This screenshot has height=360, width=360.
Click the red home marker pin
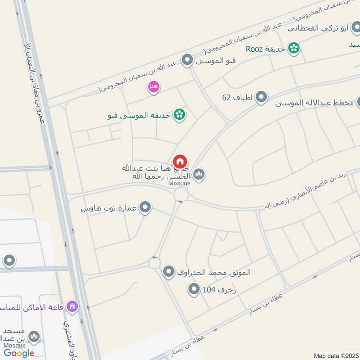pyautogui.click(x=180, y=162)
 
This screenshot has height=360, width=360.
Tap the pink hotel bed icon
pyautogui.click(x=153, y=87)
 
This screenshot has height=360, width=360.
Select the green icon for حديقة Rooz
pyautogui.click(x=294, y=48)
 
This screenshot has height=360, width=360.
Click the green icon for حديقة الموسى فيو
pyautogui.click(x=180, y=115)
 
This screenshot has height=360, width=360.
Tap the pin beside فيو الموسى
pyautogui.click(x=187, y=60)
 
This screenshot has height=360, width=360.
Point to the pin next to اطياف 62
pyautogui.click(x=261, y=97)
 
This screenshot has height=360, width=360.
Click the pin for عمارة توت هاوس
pyautogui.click(x=145, y=208)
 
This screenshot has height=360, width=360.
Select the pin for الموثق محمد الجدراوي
pyautogui.click(x=169, y=272)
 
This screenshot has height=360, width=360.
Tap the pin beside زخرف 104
pyautogui.click(x=194, y=289)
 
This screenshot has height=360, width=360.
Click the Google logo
pyautogui.click(x=19, y=353)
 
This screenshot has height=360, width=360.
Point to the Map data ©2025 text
pyautogui.click(x=335, y=355)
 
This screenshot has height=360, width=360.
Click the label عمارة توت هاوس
pyautogui.click(x=109, y=209)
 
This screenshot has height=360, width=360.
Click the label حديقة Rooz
pyautogui.click(x=265, y=49)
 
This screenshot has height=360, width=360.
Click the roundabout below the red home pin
pyautogui.click(x=181, y=195)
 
